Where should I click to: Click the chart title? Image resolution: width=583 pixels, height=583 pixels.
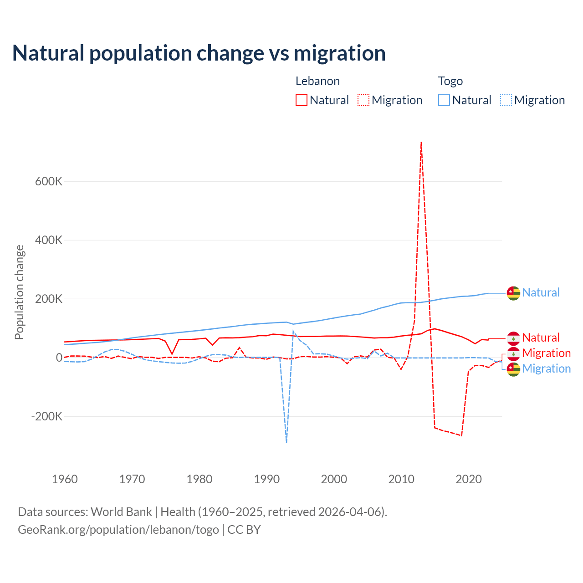(199, 53)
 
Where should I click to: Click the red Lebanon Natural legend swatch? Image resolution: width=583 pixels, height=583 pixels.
(302, 100)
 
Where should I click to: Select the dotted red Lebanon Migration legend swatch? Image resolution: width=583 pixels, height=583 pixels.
(363, 100)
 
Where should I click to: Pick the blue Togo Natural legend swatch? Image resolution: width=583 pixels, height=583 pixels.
(444, 100)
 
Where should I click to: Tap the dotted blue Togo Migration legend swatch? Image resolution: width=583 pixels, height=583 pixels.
(506, 100)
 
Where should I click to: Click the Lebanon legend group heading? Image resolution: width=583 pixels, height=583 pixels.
(317, 81)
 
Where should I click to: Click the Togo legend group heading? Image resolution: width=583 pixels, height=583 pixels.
(450, 81)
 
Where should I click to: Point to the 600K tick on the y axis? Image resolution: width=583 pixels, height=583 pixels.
(49, 181)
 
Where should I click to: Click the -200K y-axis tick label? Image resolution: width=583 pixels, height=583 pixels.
(46, 416)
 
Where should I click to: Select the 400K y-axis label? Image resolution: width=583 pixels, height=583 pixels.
(49, 240)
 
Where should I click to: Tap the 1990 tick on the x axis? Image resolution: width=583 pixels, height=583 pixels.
(267, 479)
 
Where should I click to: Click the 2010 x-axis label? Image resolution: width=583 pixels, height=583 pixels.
(401, 479)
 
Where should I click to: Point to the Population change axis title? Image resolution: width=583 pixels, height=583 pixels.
(19, 292)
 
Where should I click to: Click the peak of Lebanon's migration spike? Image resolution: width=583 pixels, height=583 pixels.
(421, 143)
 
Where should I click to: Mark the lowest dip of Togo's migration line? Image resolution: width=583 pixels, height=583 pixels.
(286, 442)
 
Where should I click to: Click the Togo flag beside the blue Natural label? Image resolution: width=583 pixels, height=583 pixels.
(513, 293)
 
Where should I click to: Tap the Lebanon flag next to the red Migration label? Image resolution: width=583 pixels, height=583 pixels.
(513, 353)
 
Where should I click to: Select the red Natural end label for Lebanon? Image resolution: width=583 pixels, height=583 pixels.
(541, 338)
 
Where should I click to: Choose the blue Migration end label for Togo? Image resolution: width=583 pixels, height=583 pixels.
(546, 368)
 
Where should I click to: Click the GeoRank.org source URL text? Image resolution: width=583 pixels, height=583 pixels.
(118, 530)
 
